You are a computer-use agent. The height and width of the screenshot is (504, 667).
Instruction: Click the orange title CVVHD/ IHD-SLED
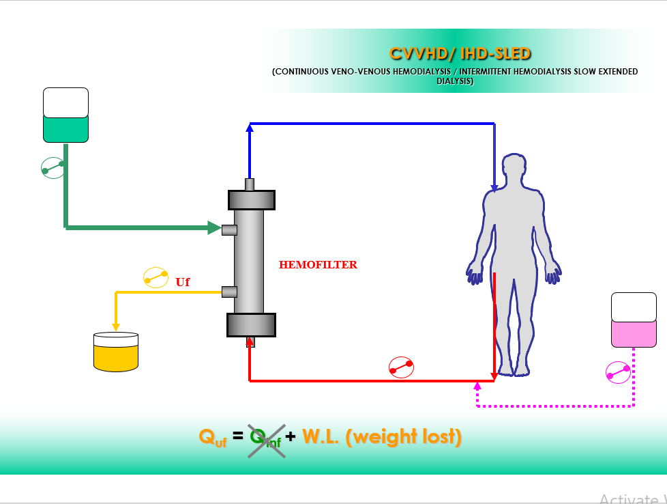460,54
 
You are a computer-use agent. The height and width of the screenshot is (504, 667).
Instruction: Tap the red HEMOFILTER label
318,264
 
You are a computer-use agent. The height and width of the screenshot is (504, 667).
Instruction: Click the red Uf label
183,282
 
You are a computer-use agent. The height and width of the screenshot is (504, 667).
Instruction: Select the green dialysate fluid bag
66,115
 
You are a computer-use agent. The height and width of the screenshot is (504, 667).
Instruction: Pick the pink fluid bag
634,320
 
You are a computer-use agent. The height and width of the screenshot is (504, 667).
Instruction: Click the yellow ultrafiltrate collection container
116,352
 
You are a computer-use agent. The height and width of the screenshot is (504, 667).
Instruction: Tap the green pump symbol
53,167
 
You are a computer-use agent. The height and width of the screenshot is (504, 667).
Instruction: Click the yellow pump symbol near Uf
155,277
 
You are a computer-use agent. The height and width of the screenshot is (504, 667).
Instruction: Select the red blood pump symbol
401,367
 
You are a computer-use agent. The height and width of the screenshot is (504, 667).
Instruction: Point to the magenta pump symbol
618,372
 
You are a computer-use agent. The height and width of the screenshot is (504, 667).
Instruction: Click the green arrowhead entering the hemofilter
214,227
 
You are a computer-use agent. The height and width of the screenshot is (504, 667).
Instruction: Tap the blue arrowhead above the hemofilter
250,127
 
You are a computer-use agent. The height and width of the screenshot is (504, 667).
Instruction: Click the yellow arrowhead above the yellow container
116,326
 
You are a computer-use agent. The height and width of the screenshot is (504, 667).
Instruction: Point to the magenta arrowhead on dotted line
477,386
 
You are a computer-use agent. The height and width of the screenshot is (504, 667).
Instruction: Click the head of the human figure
514,167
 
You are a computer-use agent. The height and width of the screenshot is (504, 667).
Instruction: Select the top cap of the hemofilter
252,200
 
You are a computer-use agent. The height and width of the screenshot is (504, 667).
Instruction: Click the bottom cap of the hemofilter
252,325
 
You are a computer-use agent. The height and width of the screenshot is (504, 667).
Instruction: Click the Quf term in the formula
213,438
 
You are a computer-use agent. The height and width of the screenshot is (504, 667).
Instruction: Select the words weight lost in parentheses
403,436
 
